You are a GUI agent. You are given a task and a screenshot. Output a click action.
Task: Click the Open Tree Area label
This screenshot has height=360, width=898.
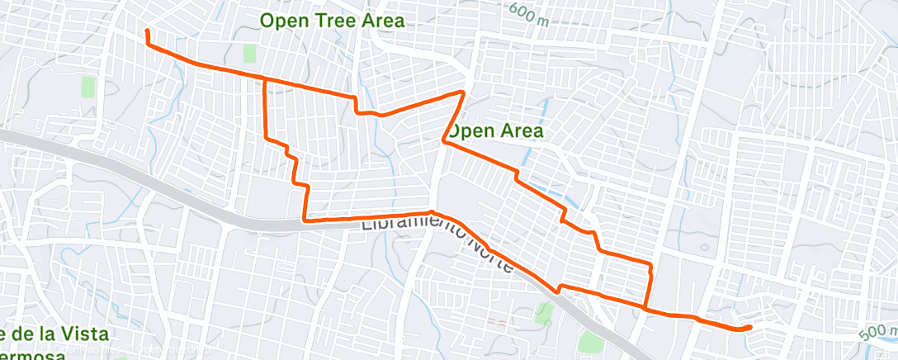click(x=333, y=21)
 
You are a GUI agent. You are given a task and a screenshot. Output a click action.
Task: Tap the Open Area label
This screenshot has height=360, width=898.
click(x=496, y=130)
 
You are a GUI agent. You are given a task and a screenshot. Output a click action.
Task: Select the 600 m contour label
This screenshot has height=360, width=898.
click(x=529, y=13)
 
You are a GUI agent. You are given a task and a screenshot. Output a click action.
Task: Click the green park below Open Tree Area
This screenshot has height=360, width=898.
click(x=249, y=54)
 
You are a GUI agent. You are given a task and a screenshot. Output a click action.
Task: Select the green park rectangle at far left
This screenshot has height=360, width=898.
click(x=88, y=87)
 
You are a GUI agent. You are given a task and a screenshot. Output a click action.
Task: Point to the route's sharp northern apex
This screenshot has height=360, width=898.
click(x=464, y=92)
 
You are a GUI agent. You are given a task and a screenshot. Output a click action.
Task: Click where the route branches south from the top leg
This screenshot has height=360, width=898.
click(x=264, y=80)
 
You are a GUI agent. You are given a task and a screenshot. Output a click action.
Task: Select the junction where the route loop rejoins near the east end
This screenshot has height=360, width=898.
click(x=645, y=308)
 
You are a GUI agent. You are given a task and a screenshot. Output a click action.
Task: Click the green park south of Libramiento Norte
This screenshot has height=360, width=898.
click(x=543, y=313)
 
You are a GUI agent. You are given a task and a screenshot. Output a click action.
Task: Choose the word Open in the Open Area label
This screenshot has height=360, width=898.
click(x=470, y=130)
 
